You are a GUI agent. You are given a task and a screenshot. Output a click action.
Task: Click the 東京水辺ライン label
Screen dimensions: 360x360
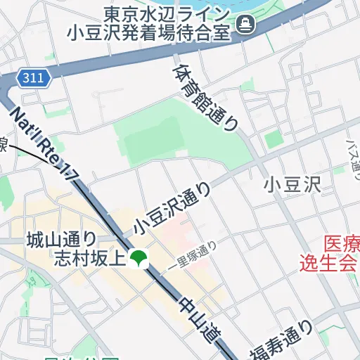(166, 13)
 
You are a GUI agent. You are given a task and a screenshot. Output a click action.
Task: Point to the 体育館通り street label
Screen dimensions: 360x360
(205, 98)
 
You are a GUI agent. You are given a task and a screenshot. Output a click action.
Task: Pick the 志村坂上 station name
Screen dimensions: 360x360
(89, 259)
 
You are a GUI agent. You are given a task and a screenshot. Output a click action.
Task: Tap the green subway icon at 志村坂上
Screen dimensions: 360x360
(139, 259)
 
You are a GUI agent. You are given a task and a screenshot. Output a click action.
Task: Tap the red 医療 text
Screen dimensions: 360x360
(342, 245)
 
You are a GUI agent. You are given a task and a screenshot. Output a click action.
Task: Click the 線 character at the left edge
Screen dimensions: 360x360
(3, 145)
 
